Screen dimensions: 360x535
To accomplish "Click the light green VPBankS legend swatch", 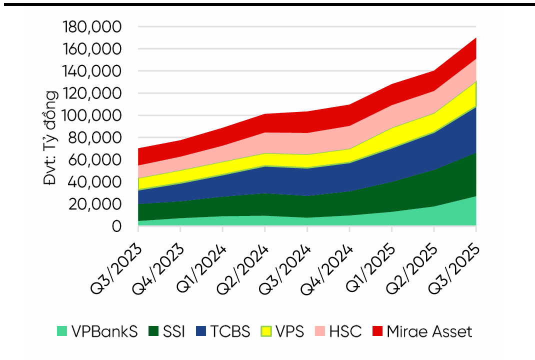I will (x=62, y=331).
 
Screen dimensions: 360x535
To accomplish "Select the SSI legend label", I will (x=173, y=331).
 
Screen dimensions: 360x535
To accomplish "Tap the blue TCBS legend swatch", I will (x=201, y=331).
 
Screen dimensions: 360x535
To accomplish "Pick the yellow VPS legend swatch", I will (x=267, y=331).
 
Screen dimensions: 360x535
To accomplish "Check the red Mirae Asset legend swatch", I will (x=378, y=331).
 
